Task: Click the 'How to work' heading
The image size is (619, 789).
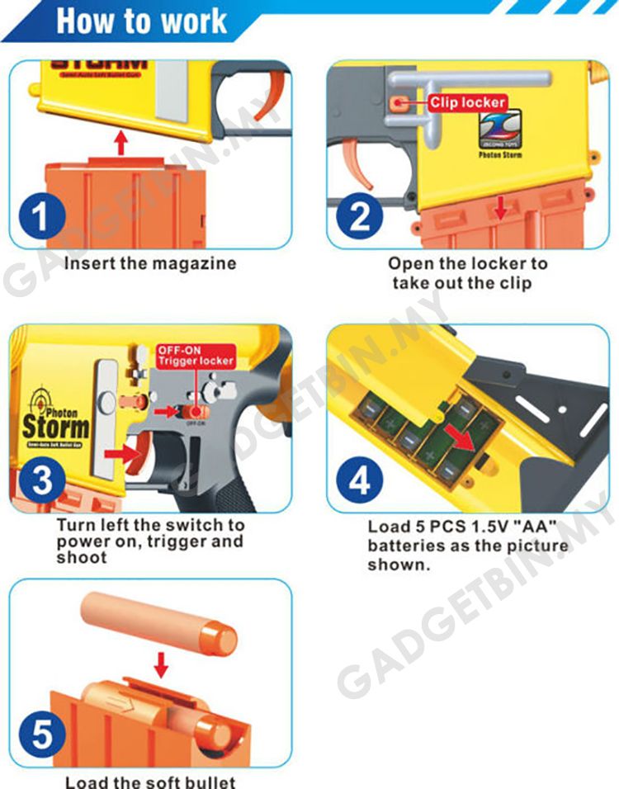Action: pyautogui.click(x=141, y=21)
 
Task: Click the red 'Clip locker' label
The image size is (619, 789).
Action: pyautogui.click(x=466, y=103)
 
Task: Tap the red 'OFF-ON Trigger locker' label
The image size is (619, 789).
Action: pyautogui.click(x=196, y=356)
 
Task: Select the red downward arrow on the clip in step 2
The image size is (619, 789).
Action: pyautogui.click(x=499, y=209)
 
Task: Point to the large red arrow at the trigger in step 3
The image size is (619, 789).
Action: pyautogui.click(x=121, y=452)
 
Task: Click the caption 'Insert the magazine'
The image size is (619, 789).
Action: pyautogui.click(x=149, y=264)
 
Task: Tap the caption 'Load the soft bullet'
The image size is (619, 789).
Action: pyautogui.click(x=150, y=781)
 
